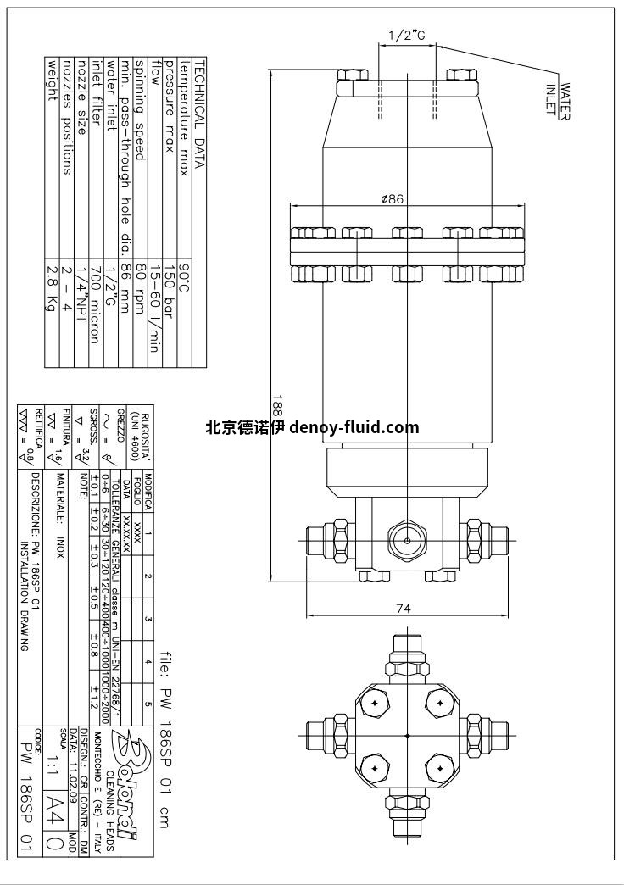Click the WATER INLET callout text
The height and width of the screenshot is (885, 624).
[557, 97]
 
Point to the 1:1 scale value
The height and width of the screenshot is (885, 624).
[57, 754]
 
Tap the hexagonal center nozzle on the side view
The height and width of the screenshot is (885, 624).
[408, 539]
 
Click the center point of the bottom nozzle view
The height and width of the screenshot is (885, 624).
[408, 735]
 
